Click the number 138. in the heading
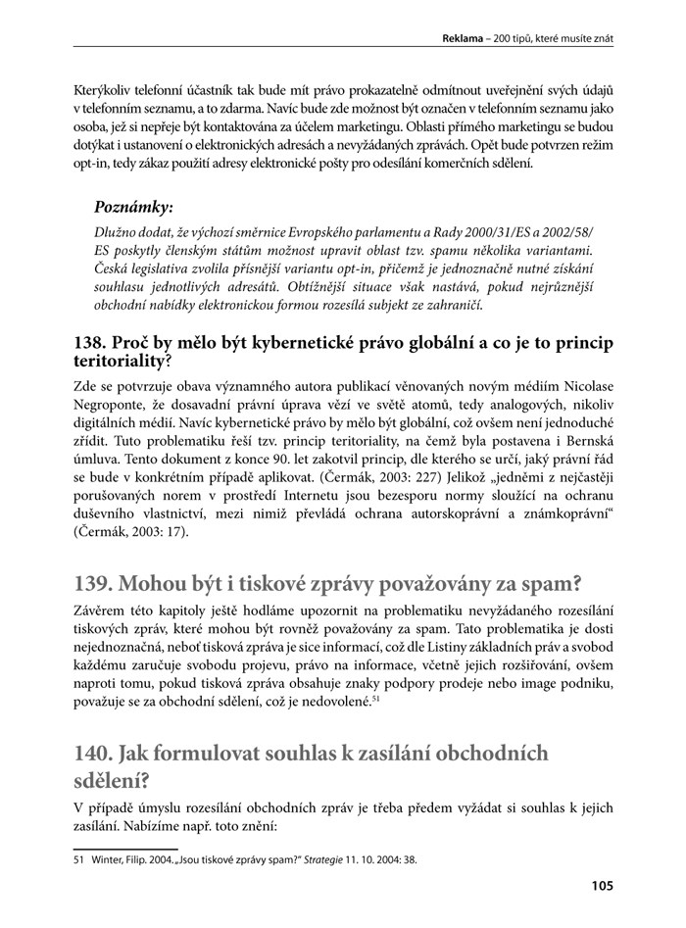(93, 343)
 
